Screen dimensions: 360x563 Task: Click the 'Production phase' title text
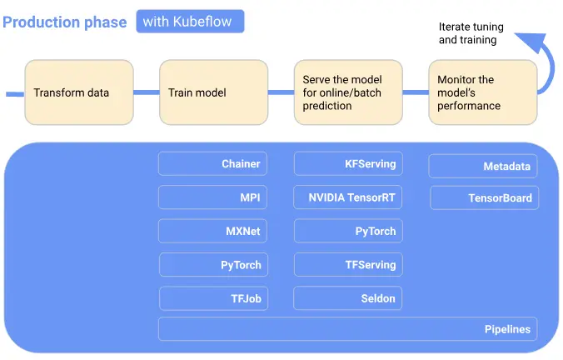pos(65,22)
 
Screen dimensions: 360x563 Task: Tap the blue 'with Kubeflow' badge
pos(190,22)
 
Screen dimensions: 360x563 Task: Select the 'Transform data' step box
pos(79,92)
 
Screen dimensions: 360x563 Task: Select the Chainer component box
pos(213,164)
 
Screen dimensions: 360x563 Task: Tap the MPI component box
pos(213,197)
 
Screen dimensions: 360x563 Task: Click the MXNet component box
pos(213,231)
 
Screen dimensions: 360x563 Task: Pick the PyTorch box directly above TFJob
pos(213,265)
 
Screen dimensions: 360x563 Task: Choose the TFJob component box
pos(213,298)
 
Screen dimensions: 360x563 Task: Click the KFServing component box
pos(348,164)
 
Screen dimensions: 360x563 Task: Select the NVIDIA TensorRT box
pos(348,197)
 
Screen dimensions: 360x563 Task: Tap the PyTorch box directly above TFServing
pos(348,231)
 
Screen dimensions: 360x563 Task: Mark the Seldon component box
pos(348,298)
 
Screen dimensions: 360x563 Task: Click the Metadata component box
pos(483,167)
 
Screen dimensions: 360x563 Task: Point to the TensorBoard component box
pos(484,198)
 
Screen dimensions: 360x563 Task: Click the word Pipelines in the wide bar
pos(507,329)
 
